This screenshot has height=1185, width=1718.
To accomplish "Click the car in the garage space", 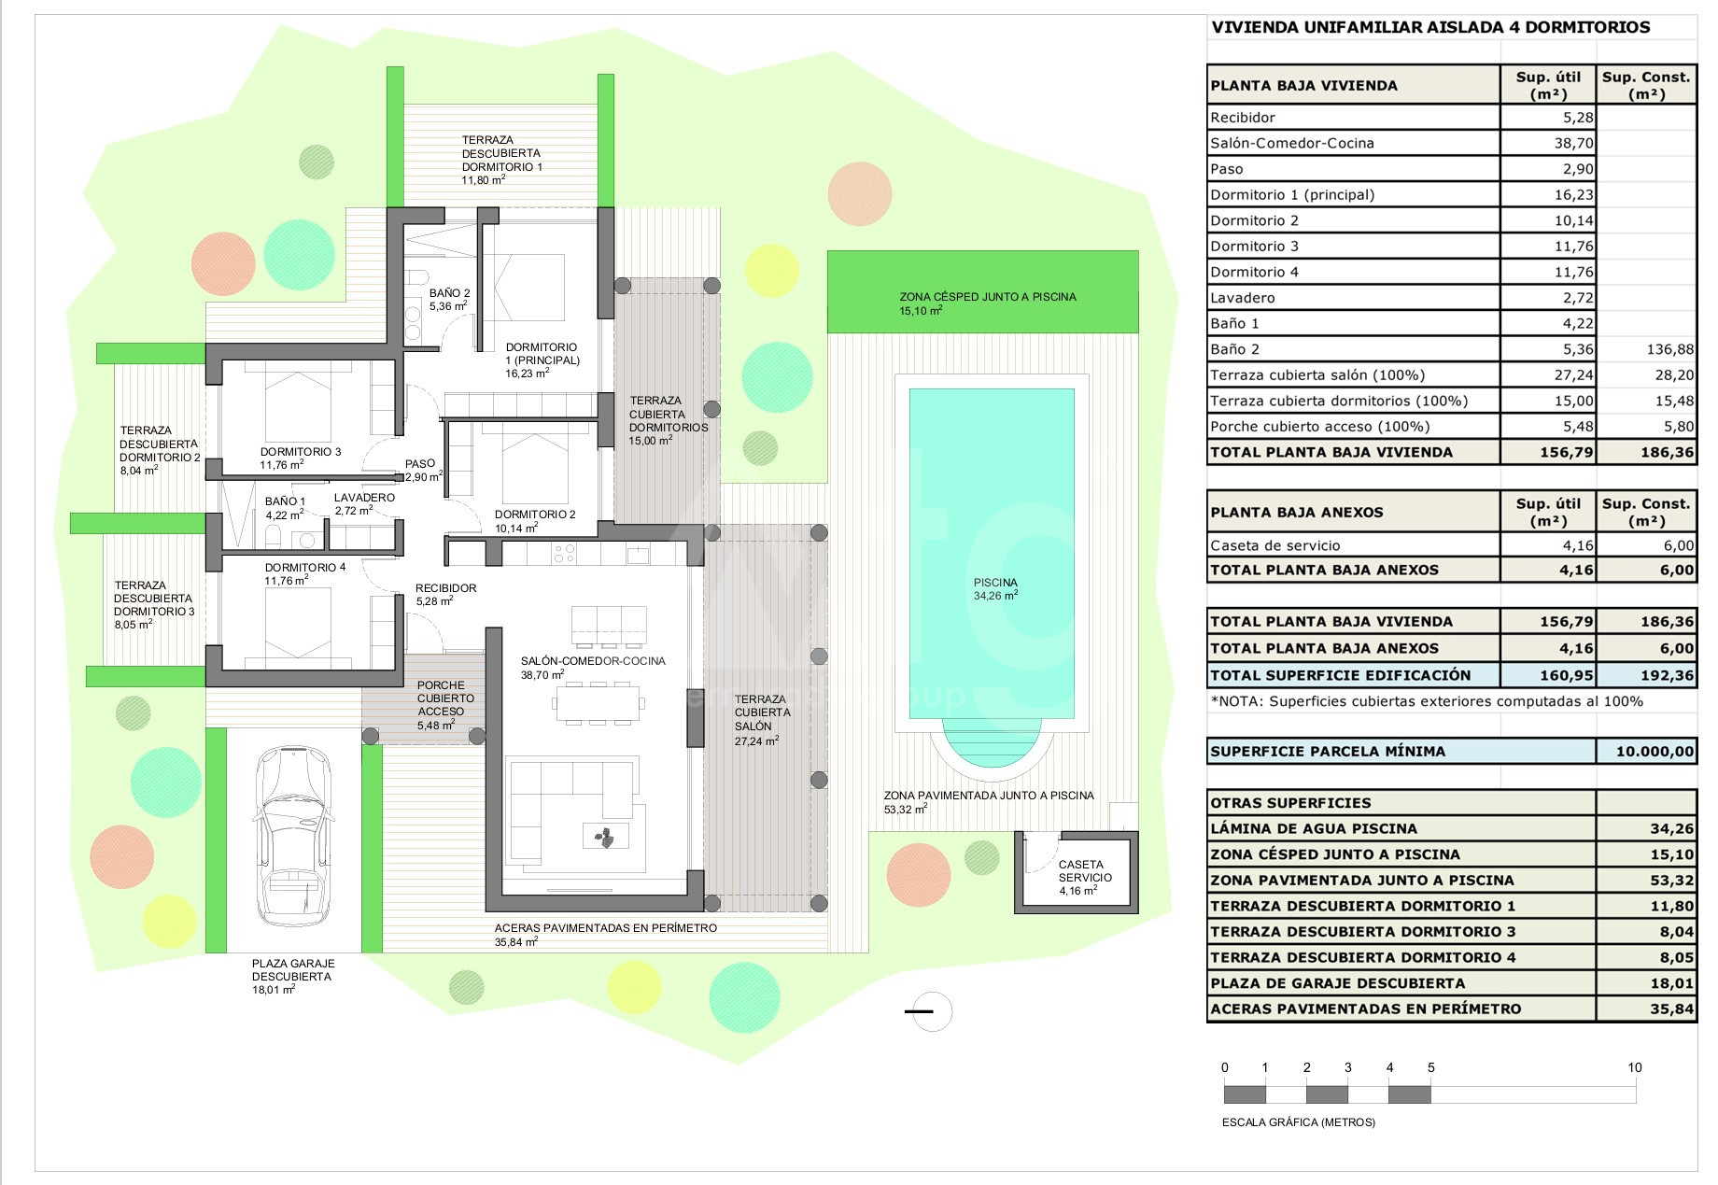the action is [293, 835].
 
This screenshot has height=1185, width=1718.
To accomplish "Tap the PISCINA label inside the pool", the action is [995, 583].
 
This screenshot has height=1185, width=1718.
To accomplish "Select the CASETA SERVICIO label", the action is [1084, 871].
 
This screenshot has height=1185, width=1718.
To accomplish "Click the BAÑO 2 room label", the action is [450, 293].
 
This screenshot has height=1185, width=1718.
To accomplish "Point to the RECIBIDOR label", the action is [446, 588].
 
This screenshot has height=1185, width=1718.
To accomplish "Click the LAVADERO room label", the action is [364, 498].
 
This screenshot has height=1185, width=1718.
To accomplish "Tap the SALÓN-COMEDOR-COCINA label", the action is [593, 661].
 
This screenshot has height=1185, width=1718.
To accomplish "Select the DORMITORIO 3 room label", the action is [301, 452].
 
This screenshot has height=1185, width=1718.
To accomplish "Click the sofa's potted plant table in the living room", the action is [604, 837].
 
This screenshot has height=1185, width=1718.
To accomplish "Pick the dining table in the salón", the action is [598, 701].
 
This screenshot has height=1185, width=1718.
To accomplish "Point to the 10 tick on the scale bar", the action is [1634, 1067].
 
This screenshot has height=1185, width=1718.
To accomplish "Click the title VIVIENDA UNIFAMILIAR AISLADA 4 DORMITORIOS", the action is [1430, 27].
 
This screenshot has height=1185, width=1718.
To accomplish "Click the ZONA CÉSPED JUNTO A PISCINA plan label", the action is [988, 297].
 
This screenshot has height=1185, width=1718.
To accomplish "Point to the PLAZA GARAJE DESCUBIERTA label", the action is [293, 970].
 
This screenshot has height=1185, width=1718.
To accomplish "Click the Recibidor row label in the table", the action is [1243, 118].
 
